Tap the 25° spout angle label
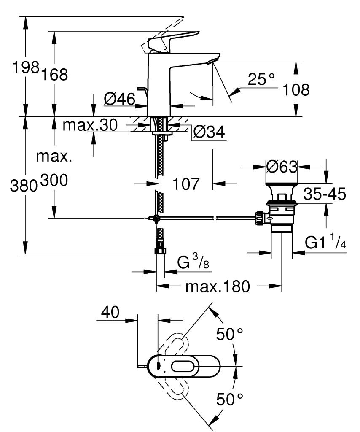pos(261,80)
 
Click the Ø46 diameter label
pos(119,100)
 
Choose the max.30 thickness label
pos(89,125)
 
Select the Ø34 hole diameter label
pos(209,133)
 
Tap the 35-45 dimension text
pos(325,194)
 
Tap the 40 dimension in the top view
pos(110,313)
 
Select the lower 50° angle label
pos(230,399)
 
